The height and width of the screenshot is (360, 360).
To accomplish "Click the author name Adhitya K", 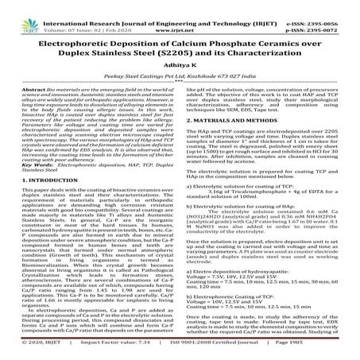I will click(x=180, y=72).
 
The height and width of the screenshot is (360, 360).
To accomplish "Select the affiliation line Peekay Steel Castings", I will click(x=180, y=87).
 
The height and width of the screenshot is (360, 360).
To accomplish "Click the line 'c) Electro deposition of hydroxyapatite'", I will click(x=239, y=292).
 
